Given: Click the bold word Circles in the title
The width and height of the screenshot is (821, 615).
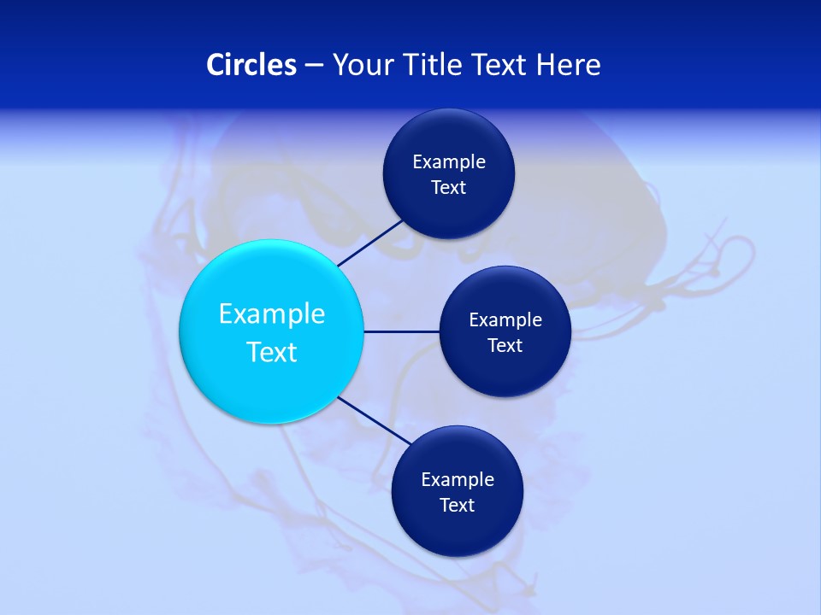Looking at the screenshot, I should [x=251, y=65].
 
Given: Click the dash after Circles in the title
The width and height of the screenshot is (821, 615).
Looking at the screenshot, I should [x=314, y=66].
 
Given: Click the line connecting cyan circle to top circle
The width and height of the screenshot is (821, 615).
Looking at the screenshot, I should [x=371, y=243].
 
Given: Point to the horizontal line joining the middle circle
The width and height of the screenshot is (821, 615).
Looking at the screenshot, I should [x=402, y=331].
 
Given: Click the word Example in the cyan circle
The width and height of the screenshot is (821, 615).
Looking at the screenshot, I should [x=272, y=313].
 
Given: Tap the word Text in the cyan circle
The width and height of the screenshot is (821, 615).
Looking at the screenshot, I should [x=272, y=352].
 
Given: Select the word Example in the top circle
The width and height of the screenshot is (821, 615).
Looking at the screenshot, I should [x=449, y=161].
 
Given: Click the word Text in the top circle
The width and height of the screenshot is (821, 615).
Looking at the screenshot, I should [x=449, y=187].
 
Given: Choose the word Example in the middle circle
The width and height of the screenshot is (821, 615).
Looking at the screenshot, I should [x=505, y=319].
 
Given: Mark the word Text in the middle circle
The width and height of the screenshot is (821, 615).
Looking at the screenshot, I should [x=505, y=345].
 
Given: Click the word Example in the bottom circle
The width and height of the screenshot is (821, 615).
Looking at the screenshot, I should [x=458, y=479].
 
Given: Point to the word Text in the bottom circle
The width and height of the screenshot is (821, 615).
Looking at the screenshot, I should [x=458, y=505].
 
